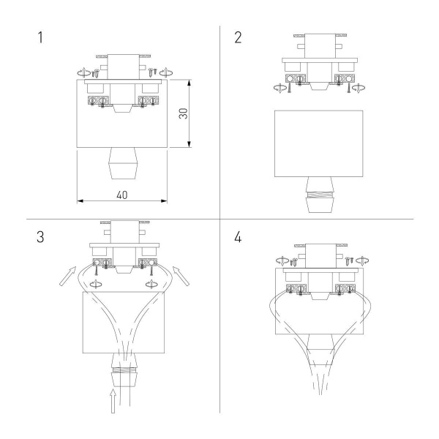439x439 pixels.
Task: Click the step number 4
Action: coord(239,237)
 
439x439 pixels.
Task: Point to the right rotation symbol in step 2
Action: coord(359,86)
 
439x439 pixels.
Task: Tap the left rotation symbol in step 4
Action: coord(279,258)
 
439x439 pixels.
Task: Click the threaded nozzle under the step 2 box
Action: coord(318,196)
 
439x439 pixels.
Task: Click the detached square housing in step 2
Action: coord(318,143)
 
